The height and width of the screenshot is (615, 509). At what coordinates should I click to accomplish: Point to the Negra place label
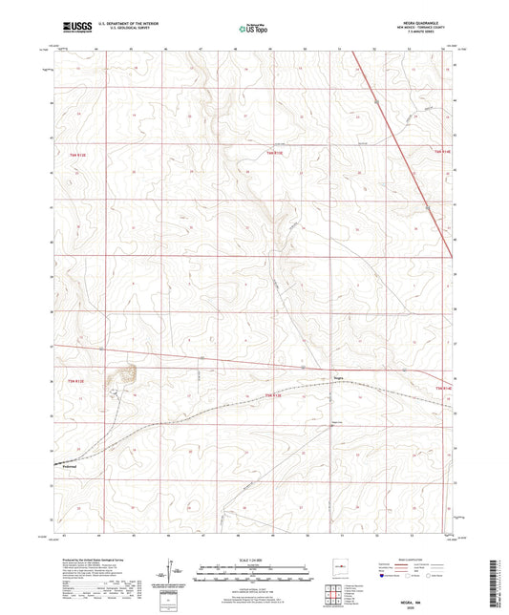point(336,376)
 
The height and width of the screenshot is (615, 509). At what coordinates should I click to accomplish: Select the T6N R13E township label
point(275,153)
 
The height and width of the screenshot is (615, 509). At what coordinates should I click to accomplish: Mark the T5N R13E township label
point(273,394)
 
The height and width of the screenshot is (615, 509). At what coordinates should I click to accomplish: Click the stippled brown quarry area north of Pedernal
point(125,374)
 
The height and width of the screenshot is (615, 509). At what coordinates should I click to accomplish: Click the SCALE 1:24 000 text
point(253,560)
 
